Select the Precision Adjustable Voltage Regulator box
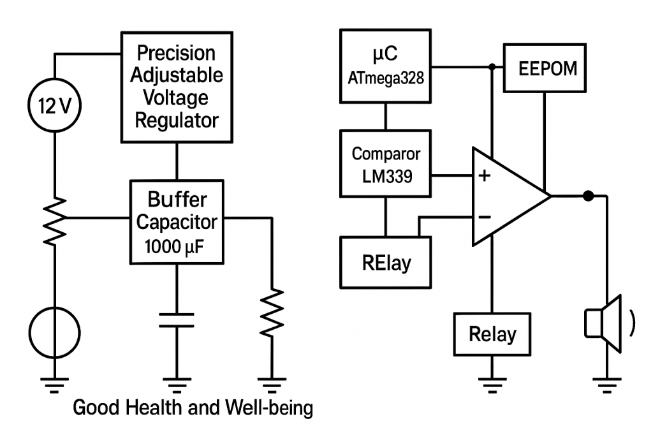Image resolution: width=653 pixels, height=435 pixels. tap(176, 87)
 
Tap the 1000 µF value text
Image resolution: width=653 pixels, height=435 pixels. tap(177, 246)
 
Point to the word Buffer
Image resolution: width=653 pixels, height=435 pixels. tap(177, 200)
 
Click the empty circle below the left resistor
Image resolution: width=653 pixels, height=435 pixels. tap(54, 332)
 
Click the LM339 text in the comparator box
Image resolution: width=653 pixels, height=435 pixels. tap(385, 177)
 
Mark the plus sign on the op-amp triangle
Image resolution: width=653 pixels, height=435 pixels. tap(485, 175)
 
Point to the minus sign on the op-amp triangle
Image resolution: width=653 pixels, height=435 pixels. tap(485, 217)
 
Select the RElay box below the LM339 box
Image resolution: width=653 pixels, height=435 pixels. tap(385, 262)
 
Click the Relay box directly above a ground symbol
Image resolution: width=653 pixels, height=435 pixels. tap(492, 333)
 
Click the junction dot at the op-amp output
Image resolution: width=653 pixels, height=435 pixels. tap(588, 196)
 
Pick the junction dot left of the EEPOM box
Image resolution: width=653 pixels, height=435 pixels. tap(492, 66)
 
